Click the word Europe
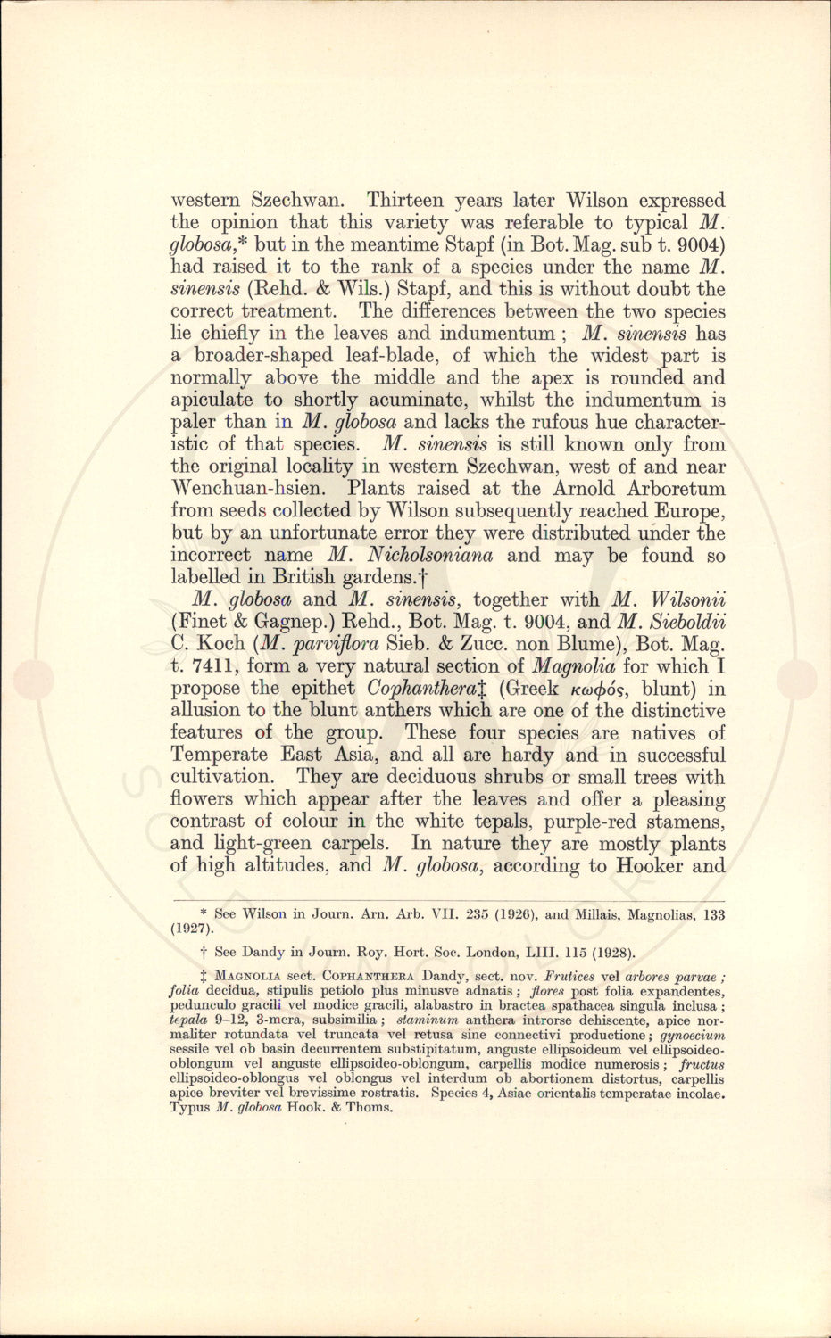pyautogui.click(x=688, y=511)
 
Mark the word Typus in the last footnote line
pyautogui.click(x=190, y=1108)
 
